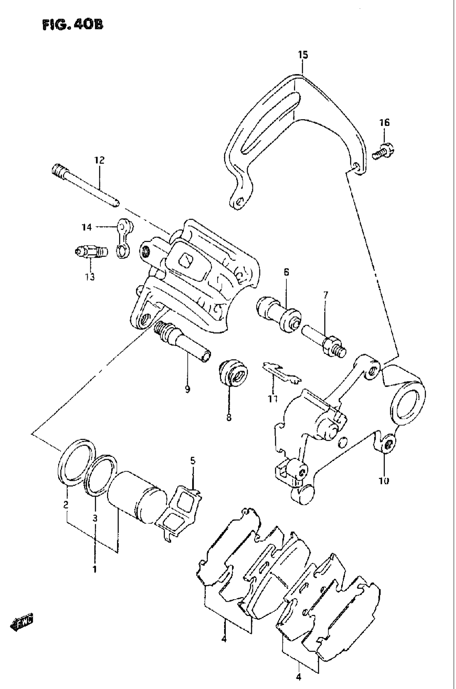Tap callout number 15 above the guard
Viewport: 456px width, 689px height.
tap(303, 55)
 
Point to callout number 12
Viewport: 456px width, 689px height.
tap(99, 160)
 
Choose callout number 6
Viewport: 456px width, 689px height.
tap(286, 272)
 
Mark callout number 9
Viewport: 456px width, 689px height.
tap(187, 389)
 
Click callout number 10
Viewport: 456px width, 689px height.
tap(384, 481)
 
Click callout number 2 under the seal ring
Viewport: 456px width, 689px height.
tap(66, 505)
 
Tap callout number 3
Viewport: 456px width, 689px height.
tap(95, 518)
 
